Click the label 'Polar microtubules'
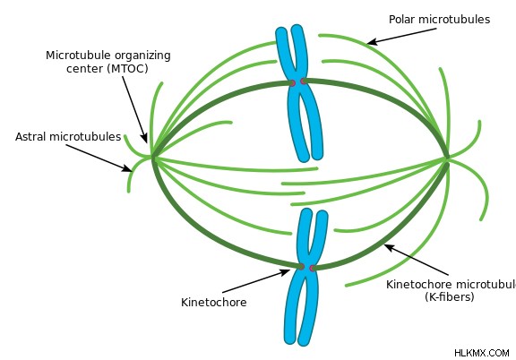tap(439, 20)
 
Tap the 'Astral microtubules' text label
tap(68, 136)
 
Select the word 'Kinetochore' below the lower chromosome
tap(214, 302)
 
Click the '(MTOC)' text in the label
tap(129, 69)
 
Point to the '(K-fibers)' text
tap(450, 296)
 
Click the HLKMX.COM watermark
tap(482, 353)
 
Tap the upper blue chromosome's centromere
tap(297, 82)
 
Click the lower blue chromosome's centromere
tap(306, 267)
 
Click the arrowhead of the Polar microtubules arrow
tap(371, 42)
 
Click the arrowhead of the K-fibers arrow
tap(388, 246)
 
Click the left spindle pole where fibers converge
tap(152, 159)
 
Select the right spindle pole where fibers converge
tap(446, 159)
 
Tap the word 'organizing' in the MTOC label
tap(142, 56)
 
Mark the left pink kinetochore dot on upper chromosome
tap(292, 82)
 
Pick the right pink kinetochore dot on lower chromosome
tap(313, 268)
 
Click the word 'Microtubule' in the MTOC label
tap(79, 56)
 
